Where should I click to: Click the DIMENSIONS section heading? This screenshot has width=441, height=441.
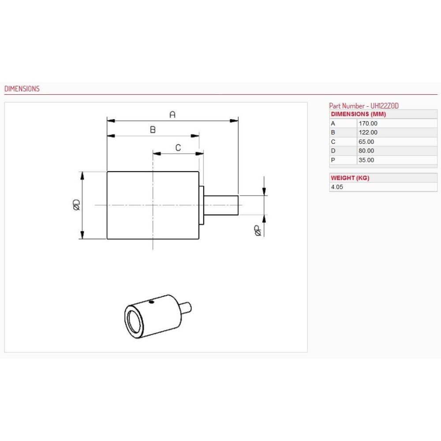[22, 89]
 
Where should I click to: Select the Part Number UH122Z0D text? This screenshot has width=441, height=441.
[364, 106]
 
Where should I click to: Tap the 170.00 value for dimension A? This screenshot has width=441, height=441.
[368, 123]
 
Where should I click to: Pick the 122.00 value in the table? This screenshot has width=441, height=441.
[368, 132]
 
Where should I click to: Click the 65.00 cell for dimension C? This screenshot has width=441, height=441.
[366, 142]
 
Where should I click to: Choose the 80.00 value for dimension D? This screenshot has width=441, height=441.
[366, 150]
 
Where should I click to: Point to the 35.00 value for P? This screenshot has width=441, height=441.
[366, 160]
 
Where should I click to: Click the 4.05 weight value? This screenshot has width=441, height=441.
[337, 187]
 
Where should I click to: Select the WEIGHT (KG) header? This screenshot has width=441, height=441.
[350, 178]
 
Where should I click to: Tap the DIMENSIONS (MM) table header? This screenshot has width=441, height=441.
[358, 114]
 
